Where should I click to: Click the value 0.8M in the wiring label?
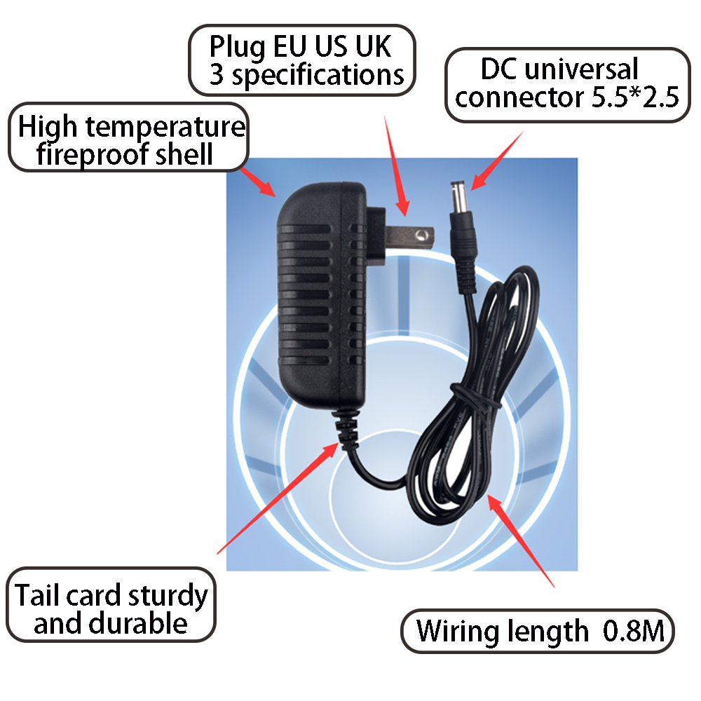point(632,632)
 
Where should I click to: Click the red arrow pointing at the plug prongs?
point(394,165)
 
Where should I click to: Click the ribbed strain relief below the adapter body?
point(344,425)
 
